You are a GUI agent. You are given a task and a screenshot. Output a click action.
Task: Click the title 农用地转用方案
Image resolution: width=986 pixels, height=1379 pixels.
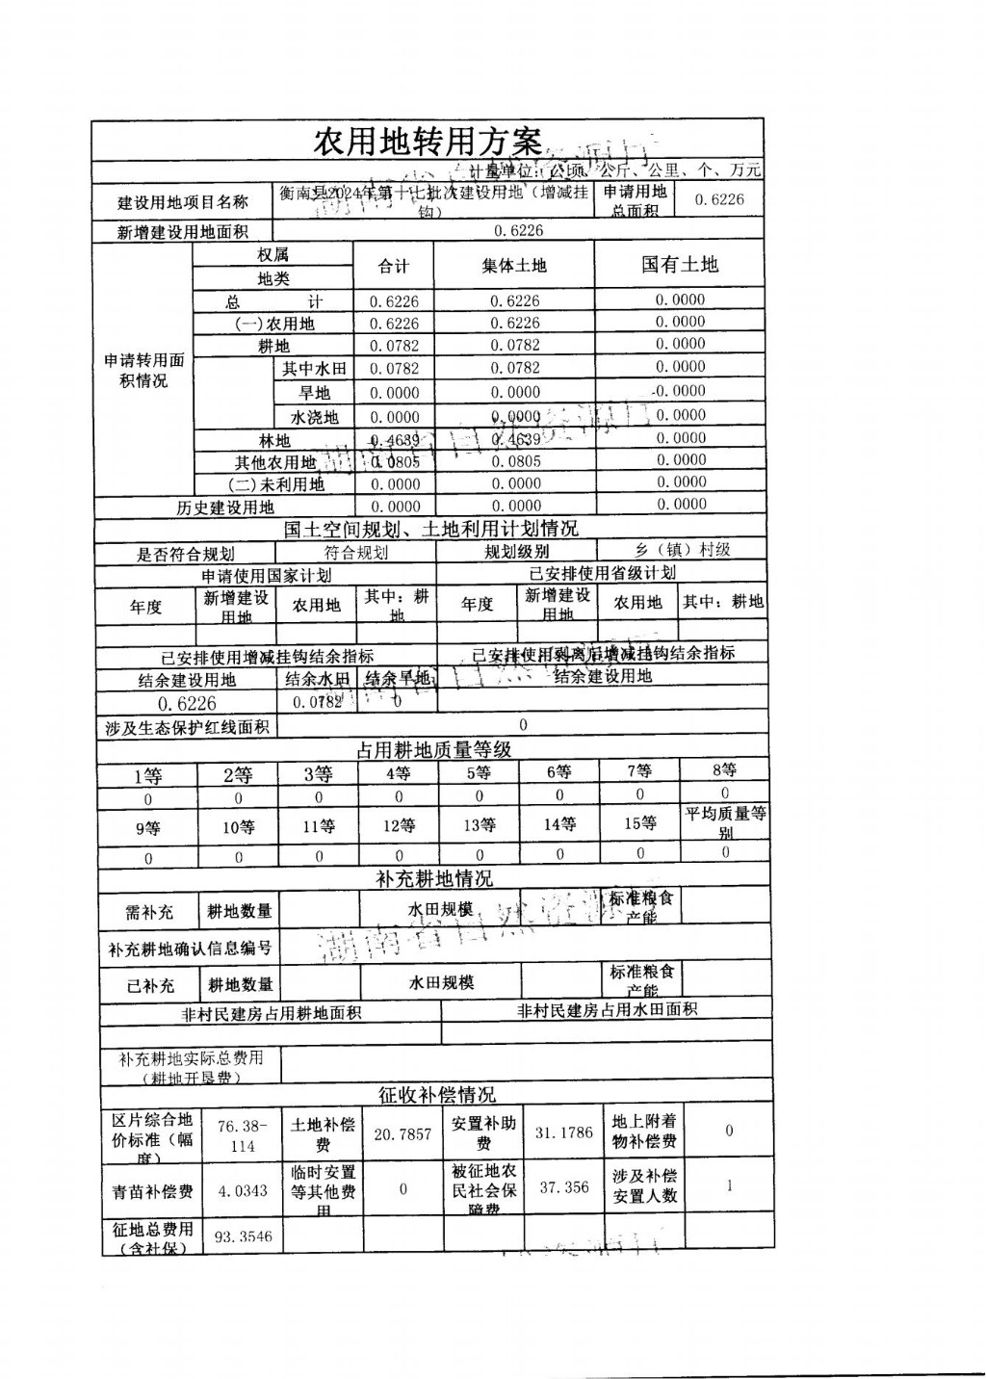[428, 143]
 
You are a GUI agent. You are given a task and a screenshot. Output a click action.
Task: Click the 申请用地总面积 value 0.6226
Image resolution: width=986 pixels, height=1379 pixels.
[719, 199]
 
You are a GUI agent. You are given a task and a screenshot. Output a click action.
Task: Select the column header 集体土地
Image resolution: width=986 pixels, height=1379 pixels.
[513, 266]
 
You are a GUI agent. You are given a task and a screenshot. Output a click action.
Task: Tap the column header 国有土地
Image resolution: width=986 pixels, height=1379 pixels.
[680, 264]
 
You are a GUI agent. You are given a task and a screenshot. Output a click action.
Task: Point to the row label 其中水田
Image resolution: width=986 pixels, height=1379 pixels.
[314, 369]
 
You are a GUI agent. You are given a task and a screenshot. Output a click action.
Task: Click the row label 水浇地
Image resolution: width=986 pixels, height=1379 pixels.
[314, 417]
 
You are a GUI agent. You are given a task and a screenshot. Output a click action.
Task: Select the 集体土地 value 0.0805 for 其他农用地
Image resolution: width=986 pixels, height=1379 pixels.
[516, 461]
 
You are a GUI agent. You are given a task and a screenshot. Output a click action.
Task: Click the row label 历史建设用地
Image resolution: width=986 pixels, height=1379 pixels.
[225, 507]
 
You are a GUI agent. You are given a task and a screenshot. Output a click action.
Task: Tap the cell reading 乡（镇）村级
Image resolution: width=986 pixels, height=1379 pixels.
[682, 550]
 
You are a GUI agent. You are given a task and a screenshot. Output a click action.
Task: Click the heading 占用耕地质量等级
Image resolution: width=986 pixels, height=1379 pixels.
[433, 748]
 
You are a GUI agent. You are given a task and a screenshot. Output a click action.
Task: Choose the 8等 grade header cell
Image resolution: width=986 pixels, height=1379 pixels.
[724, 770]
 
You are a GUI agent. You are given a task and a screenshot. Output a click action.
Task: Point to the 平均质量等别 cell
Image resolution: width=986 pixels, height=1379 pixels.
[725, 821]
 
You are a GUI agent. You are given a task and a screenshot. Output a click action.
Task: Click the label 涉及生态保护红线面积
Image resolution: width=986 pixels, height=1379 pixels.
[188, 728]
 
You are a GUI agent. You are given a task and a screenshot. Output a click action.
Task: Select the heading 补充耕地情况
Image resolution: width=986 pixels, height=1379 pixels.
[433, 878]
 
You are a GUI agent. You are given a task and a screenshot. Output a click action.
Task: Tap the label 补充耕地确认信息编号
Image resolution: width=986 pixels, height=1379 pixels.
[190, 949]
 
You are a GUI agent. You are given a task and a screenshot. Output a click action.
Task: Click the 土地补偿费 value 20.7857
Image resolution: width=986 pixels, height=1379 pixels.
[402, 1134]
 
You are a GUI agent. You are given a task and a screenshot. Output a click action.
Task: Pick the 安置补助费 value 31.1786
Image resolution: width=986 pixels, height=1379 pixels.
[563, 1132]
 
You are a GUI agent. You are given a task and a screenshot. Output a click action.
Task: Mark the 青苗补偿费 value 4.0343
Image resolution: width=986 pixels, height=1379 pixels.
[243, 1191]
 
